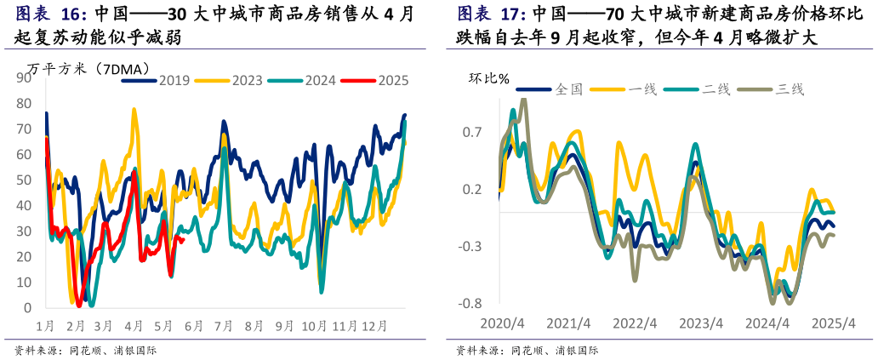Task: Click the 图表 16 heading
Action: click(x=51, y=14)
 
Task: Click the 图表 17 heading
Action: click(x=492, y=14)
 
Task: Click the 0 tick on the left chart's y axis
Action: click(x=28, y=307)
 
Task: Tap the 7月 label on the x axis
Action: click(x=224, y=326)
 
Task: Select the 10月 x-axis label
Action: click(x=314, y=326)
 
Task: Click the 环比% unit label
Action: click(x=489, y=79)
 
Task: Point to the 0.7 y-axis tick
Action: click(x=472, y=132)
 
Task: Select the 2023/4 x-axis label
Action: click(x=701, y=324)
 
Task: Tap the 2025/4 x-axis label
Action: click(x=833, y=324)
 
